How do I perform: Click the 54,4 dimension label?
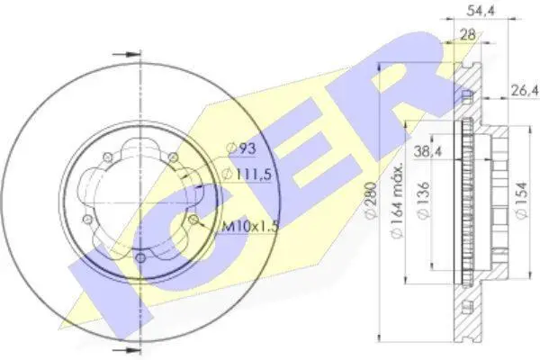[x=481, y=11]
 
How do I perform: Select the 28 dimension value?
[x=467, y=34]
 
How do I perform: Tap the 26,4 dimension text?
[x=525, y=91]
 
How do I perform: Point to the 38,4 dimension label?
[x=427, y=151]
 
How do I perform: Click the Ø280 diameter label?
[x=371, y=200]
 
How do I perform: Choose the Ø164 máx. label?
[x=398, y=200]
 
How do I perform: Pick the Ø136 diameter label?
[x=424, y=200]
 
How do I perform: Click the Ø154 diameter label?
[x=522, y=200]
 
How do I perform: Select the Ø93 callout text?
[x=242, y=148]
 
